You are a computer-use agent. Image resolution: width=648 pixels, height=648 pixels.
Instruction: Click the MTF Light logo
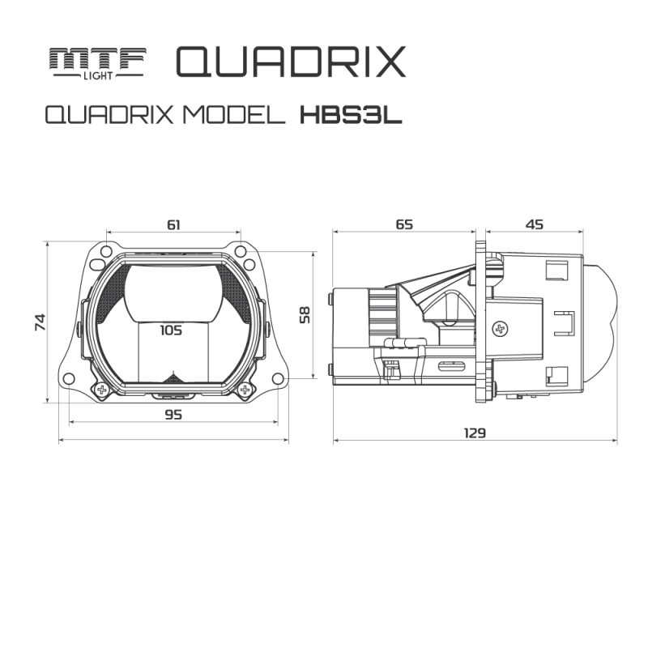coord(96,62)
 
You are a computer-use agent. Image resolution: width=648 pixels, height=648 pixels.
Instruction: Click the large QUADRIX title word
coord(289,62)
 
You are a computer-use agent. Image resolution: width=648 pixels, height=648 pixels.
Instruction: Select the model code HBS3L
coord(351,115)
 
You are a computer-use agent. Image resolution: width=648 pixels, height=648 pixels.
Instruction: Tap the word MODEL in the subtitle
coord(234,115)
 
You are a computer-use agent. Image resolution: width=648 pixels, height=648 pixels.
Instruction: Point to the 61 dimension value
coord(173,224)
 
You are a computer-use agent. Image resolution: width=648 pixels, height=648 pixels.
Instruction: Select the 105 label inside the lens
coord(171,330)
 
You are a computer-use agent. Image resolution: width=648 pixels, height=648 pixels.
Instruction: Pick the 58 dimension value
coord(304,314)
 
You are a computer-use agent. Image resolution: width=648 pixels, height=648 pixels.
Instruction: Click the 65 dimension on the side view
coord(403,224)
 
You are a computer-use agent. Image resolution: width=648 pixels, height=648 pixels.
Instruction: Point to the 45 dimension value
coord(534,224)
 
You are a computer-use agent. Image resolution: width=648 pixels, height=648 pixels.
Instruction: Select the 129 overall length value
coord(475,433)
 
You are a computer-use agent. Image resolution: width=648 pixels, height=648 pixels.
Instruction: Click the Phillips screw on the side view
coord(500,328)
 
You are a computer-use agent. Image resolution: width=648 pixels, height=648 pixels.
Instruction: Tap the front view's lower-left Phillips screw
coord(102,390)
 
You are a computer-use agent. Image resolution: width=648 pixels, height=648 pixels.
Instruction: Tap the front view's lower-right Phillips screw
coord(243,390)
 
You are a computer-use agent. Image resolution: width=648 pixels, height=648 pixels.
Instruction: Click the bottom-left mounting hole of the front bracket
coord(68,378)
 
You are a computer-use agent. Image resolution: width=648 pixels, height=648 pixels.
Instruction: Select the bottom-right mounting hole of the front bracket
coord(278,378)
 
